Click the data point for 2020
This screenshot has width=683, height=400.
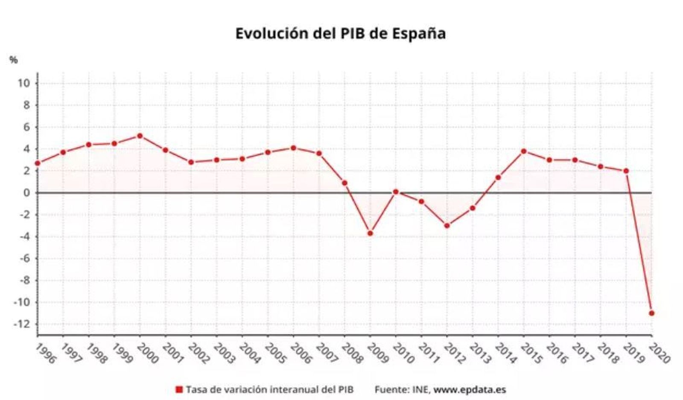651,313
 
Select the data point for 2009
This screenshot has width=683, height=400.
370,233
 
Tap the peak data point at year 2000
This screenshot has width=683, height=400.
140,136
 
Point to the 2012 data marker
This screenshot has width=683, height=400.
447,225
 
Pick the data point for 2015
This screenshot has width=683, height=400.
524,151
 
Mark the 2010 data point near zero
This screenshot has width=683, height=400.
396,192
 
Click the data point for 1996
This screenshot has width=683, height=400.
38,163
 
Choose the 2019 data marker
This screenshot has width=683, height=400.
626,171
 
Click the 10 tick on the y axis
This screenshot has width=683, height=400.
24,83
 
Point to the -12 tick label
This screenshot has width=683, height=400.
22,324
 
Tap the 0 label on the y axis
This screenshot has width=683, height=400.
27,193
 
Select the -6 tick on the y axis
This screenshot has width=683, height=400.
24,258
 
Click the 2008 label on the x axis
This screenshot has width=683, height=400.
352,353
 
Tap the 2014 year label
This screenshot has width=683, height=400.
505,353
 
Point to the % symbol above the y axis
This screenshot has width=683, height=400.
14,60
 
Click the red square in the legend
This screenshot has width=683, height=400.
179,389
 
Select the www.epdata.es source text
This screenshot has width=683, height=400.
470,389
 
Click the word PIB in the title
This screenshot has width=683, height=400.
353,33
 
